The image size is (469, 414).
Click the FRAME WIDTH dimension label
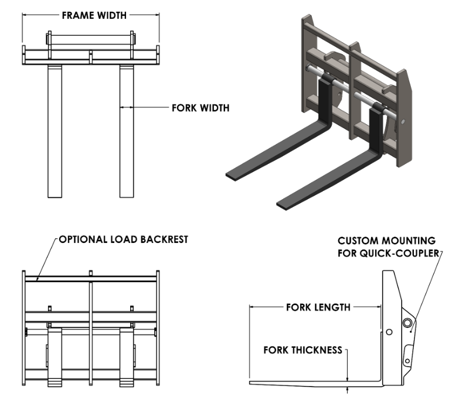click(94, 16)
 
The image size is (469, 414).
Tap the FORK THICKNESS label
click(303, 350)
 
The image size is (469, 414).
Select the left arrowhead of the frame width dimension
click(25, 16)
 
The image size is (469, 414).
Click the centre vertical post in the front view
click(90, 334)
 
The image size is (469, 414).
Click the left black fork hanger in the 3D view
click(323, 97)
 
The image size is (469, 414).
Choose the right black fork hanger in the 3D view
click(376, 126)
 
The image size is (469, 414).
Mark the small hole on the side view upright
click(388, 333)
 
